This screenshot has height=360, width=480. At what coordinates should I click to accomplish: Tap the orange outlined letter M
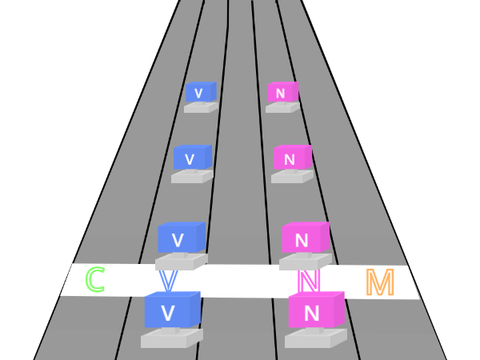click(x=380, y=282)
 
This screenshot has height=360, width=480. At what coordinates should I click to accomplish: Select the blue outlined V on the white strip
click(x=168, y=281)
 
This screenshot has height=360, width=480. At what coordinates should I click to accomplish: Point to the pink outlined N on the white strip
click(x=309, y=280)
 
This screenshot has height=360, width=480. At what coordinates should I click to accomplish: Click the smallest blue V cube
click(x=201, y=92)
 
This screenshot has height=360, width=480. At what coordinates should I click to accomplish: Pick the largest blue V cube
click(x=172, y=310)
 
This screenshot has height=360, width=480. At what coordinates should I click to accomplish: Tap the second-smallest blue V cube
click(x=193, y=157)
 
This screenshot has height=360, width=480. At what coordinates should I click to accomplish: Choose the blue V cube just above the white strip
click(x=181, y=237)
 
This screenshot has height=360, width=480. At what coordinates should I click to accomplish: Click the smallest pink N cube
click(x=283, y=92)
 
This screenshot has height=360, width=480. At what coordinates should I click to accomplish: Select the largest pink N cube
click(x=316, y=310)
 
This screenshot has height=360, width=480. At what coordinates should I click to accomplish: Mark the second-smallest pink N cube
click(x=293, y=157)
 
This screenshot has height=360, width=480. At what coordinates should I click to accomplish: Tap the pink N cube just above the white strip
click(x=306, y=237)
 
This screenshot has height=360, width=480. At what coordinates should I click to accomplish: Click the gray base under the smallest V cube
click(x=201, y=107)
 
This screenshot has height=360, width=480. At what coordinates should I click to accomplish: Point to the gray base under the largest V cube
click(x=172, y=338)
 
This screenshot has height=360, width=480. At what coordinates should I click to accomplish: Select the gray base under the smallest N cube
click(x=283, y=107)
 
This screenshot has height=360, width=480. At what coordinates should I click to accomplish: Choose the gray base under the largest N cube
click(x=316, y=338)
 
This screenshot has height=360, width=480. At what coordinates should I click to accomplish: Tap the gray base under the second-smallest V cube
click(x=192, y=176)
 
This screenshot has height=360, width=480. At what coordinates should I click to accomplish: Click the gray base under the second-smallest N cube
click(x=292, y=176)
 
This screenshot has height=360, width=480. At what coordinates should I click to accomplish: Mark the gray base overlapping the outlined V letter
click(x=181, y=261)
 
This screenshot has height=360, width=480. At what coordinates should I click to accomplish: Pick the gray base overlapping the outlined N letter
click(x=305, y=261)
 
